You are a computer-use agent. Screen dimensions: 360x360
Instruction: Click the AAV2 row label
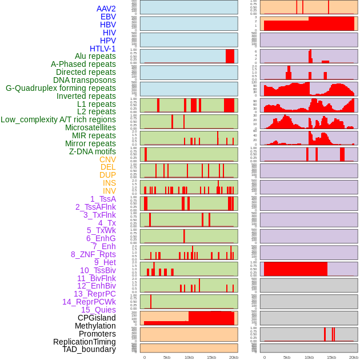pyautogui.click(x=106, y=9)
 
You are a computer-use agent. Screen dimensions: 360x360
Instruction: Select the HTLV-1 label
pyautogui.click(x=103, y=49)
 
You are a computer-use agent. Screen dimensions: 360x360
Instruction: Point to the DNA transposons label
pyautogui.click(x=85, y=80)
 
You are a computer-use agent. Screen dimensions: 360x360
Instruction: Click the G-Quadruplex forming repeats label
pyautogui.click(x=61, y=88)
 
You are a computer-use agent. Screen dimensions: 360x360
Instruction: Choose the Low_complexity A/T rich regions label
pyautogui.click(x=58, y=119)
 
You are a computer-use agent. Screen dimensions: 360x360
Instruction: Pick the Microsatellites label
pyautogui.click(x=90, y=127)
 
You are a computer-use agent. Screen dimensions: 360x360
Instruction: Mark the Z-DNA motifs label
pyautogui.click(x=93, y=151)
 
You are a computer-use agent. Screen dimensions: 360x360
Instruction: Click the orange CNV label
pyautogui.click(x=107, y=159)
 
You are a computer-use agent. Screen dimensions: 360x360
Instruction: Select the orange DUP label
pyautogui.click(x=107, y=175)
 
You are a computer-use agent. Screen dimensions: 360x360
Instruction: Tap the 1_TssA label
pyautogui.click(x=103, y=199)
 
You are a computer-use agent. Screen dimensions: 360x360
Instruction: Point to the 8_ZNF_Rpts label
pyautogui.click(x=93, y=254)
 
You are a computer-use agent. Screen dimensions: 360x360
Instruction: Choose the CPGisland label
pyautogui.click(x=97, y=318)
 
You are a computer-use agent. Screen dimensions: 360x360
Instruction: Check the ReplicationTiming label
pyautogui.click(x=84, y=342)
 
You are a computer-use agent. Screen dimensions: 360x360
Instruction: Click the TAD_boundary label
pyautogui.click(x=89, y=349)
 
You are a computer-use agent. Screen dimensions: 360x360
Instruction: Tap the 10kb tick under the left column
pyautogui.click(x=189, y=357)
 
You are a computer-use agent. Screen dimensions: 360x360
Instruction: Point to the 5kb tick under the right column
pyautogui.click(x=286, y=357)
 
